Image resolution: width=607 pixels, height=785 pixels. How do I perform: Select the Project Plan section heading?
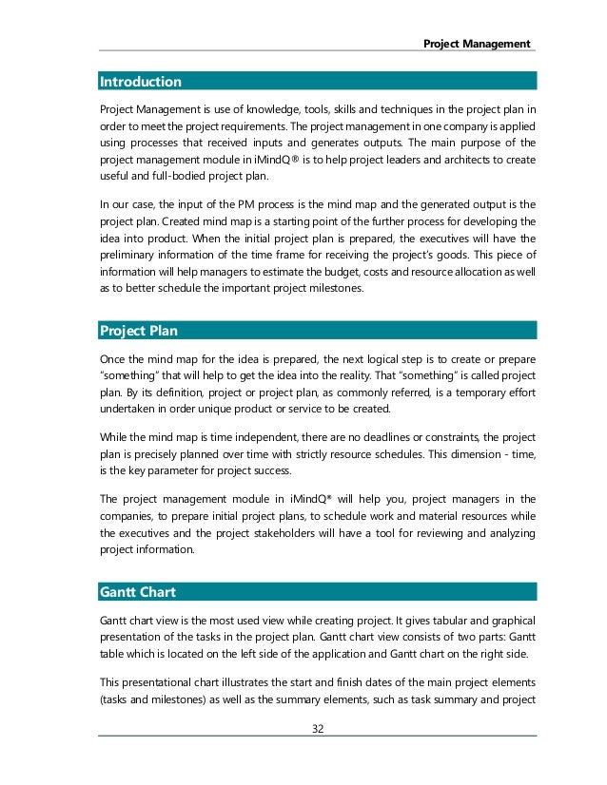139,331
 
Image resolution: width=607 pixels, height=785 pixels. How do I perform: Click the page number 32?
318,729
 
